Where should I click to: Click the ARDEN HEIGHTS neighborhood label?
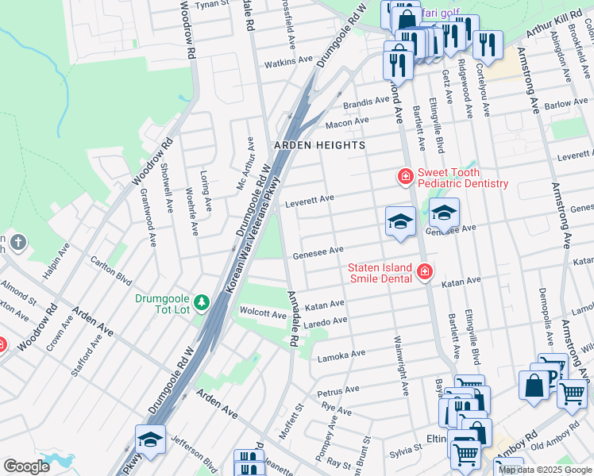(319, 145)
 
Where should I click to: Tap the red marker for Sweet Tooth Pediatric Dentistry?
(405, 175)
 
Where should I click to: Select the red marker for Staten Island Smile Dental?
(425, 273)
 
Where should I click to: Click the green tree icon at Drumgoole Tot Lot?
(202, 301)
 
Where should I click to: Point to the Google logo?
(26, 466)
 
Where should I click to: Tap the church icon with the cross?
(17, 242)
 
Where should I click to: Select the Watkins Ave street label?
(289, 61)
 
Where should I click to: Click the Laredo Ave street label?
(327, 321)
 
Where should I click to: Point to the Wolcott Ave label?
(263, 314)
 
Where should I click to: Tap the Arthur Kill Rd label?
(553, 29)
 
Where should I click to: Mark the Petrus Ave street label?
(339, 391)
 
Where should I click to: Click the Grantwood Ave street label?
(148, 213)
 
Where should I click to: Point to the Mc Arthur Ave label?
(245, 163)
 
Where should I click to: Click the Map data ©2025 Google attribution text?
(545, 470)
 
